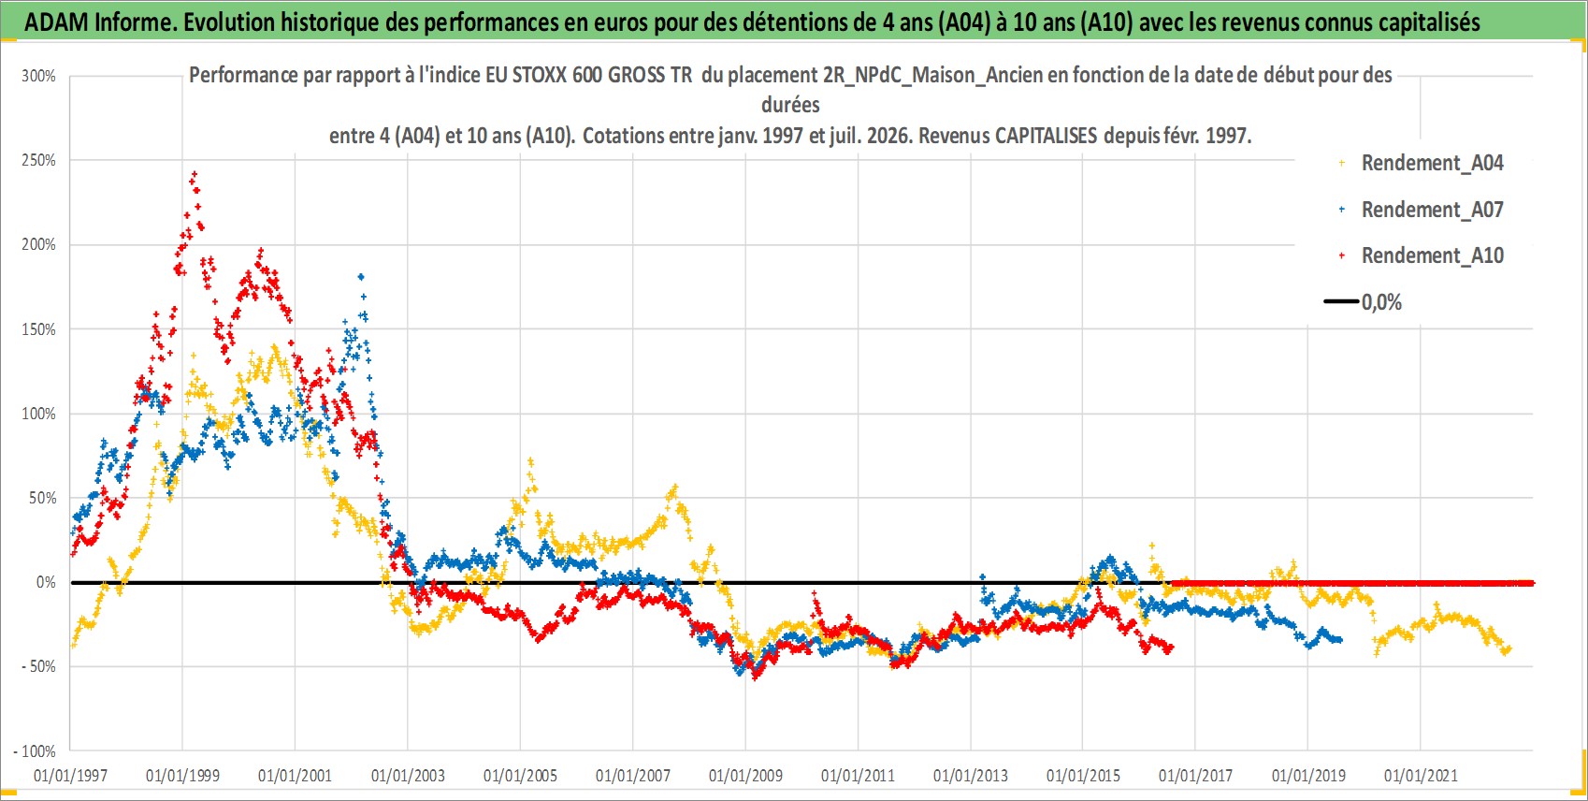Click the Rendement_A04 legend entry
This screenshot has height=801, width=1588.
(x=1421, y=163)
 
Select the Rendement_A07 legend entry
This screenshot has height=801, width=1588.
(x=1421, y=210)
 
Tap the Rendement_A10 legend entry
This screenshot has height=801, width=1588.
(x=1421, y=255)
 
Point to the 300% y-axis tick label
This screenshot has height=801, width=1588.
(x=38, y=76)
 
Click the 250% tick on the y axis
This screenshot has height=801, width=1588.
(x=38, y=160)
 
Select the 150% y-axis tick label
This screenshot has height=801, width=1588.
(x=38, y=329)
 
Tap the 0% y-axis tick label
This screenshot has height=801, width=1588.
(x=46, y=582)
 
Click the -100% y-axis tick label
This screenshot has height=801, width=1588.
(x=35, y=751)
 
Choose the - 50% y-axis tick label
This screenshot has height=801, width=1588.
(x=38, y=667)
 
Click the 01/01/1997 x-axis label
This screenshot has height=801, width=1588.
(x=70, y=776)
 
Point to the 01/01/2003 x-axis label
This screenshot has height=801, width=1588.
(x=408, y=776)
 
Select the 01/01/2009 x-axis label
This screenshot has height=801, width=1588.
(x=745, y=776)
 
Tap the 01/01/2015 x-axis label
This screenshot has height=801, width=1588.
(x=1083, y=776)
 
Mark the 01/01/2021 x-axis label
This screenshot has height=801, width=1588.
(x=1421, y=776)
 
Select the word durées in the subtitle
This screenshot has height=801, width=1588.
(x=790, y=105)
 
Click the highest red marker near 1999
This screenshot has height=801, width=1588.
(x=195, y=173)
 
